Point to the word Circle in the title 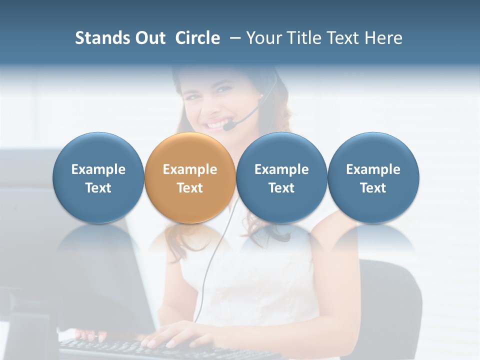click(x=197, y=38)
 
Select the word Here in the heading click(x=384, y=38)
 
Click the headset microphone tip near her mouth click(x=228, y=127)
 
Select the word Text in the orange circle click(x=189, y=188)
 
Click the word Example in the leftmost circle click(x=98, y=169)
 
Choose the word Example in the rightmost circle click(x=373, y=169)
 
